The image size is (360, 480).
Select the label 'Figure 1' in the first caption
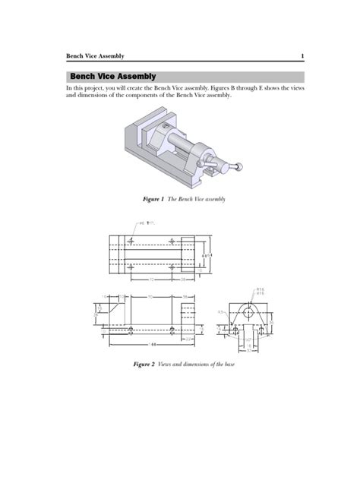(x=153, y=199)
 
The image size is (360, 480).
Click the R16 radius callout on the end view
(x=260, y=289)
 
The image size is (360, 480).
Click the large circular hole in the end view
(x=248, y=312)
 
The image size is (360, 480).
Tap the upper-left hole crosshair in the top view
(x=131, y=241)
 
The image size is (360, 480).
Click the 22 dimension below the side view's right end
(x=188, y=339)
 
